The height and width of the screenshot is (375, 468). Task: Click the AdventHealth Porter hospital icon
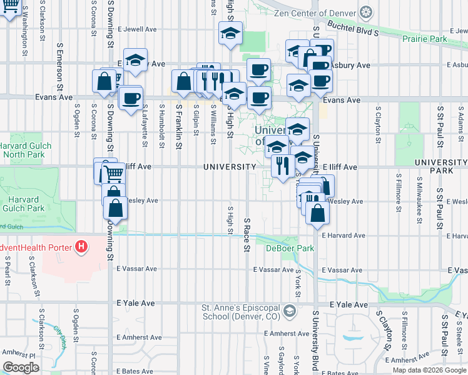(81, 247)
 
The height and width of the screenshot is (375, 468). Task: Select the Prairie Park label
(425, 39)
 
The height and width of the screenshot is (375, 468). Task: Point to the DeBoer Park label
(289, 248)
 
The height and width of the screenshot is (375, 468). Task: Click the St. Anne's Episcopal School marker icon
(290, 310)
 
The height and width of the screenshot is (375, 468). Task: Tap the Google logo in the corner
(21, 367)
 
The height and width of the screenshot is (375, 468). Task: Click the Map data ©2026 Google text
(429, 370)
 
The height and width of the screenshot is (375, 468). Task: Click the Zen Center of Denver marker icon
(366, 12)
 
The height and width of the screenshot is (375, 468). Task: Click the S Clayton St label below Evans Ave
(378, 121)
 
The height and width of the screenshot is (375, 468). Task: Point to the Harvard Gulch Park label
(24, 203)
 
